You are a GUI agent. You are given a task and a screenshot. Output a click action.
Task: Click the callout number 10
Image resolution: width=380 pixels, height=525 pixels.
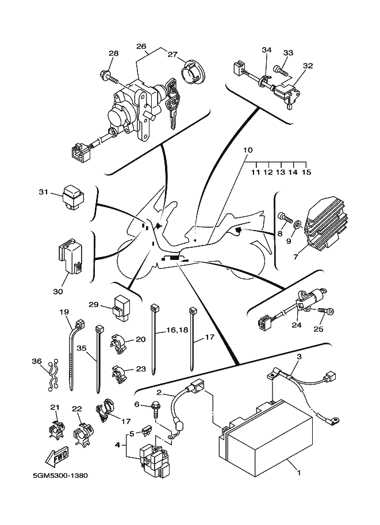click(x=248, y=150)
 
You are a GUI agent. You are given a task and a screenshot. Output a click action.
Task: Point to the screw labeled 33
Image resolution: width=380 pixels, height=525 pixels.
click(x=280, y=70)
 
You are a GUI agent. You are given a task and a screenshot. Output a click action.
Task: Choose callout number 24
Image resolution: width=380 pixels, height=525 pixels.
click(x=296, y=325)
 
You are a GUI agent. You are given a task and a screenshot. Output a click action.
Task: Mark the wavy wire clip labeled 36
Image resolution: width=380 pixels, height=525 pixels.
click(x=53, y=374)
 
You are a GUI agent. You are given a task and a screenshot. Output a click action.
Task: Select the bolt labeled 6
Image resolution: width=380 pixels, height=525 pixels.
click(x=157, y=409)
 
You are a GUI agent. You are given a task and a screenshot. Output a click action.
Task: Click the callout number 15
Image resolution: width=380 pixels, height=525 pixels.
click(x=306, y=172)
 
